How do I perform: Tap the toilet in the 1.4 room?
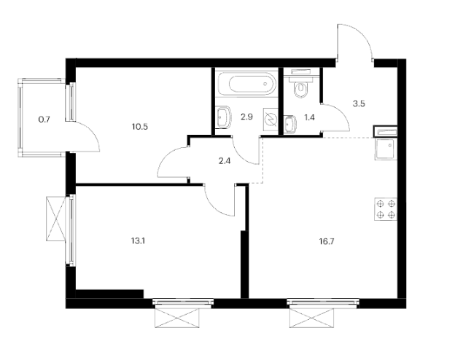coord(300,89)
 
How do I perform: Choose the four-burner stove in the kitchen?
coord(385,209)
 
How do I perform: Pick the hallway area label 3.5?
coord(358,104)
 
